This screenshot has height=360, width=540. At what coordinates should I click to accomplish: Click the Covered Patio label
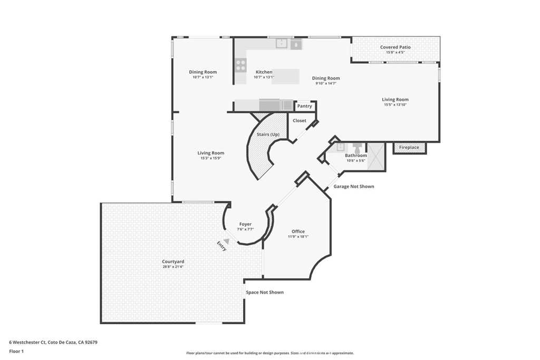pos(395,47)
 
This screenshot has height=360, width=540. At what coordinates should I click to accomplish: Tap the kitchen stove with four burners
pos(240,65)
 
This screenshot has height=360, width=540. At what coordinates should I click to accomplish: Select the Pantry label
pos(304,106)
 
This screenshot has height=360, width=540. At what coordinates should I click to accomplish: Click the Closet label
pos(299,121)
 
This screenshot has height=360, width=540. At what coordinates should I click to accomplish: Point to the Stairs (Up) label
pos(268,134)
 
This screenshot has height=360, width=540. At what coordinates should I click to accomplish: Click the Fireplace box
pos(409,148)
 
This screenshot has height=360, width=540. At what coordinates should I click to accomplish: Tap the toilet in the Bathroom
pos(357,147)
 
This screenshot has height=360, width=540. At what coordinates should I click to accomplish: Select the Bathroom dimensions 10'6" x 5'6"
pos(356,160)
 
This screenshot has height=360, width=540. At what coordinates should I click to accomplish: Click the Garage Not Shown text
pos(353,187)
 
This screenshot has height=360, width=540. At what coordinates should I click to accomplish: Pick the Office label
pos(298,231)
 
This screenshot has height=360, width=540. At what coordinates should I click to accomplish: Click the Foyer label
pos(245,224)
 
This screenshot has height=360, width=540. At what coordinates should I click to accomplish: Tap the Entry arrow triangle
pos(226,241)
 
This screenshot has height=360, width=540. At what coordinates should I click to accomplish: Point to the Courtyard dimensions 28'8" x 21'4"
pos(173,267)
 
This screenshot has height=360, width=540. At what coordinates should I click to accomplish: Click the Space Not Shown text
pos(264,292)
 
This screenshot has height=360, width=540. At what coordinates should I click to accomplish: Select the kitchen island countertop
pos(285,76)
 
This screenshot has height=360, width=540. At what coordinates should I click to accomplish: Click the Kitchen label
pos(264,72)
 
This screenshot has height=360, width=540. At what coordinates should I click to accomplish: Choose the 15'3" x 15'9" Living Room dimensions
pos(211,158)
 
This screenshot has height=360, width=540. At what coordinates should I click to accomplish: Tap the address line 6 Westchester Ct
pos(53,342)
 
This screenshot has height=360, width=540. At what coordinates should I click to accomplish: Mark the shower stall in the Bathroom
pos(375,157)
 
